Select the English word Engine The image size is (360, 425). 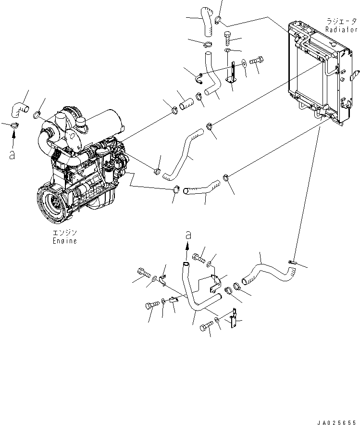pos(64,241)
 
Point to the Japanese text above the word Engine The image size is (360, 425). pos(64,233)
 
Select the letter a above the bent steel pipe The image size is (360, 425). pos(188,235)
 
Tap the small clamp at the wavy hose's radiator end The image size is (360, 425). pos(294,262)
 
